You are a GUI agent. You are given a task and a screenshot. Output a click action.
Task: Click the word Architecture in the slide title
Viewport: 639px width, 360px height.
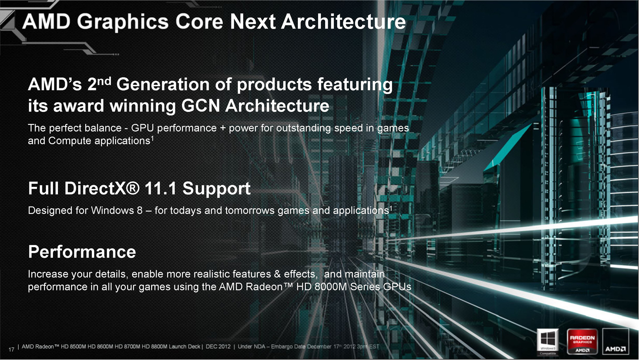click(343, 22)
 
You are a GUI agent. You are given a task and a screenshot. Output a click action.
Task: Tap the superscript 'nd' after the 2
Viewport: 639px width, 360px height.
click(104, 81)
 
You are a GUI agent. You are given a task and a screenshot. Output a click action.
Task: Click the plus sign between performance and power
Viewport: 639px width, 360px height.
click(223, 128)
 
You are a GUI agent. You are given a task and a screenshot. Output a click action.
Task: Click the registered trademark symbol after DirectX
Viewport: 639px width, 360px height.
click(133, 188)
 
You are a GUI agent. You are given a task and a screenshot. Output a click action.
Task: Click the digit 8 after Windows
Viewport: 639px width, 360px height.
click(140, 210)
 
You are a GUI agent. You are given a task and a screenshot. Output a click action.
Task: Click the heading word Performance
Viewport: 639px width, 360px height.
click(82, 252)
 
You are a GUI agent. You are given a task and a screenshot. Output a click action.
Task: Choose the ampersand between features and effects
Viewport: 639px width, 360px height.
click(277, 274)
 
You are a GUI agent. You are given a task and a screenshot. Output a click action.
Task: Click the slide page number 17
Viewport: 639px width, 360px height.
click(11, 349)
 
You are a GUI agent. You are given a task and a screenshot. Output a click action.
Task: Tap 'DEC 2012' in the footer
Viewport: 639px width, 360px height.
click(218, 347)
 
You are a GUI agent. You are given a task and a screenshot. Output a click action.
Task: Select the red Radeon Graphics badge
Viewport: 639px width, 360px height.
click(582, 342)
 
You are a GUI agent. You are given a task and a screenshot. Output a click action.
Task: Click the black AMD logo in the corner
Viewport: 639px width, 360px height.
click(615, 342)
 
